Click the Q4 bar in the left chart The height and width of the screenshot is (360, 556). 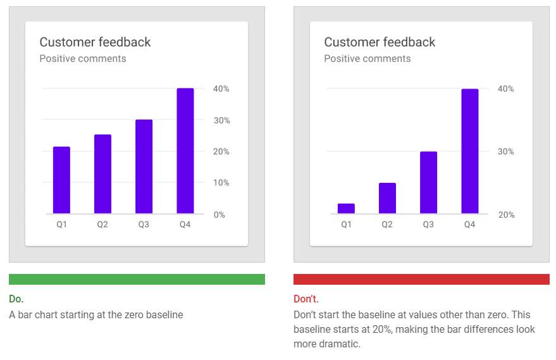[185, 151]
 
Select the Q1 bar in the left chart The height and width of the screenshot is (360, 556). [61, 180]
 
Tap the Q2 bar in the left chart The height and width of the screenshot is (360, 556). [102, 174]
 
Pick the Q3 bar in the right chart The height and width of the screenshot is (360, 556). [428, 182]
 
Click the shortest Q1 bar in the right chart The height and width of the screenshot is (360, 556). [346, 208]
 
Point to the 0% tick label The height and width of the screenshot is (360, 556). [219, 214]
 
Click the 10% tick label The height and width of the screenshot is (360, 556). [221, 183]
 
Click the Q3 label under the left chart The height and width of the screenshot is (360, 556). [144, 225]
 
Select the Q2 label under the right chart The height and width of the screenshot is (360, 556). [387, 225]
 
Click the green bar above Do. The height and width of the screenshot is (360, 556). [137, 279]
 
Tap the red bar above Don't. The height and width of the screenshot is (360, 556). [421, 279]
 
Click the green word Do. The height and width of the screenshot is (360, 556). [16, 299]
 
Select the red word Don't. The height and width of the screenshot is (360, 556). [306, 299]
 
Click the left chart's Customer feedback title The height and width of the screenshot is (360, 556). [95, 42]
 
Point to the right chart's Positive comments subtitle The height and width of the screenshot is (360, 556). [368, 59]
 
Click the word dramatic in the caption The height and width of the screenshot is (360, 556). [340, 344]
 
